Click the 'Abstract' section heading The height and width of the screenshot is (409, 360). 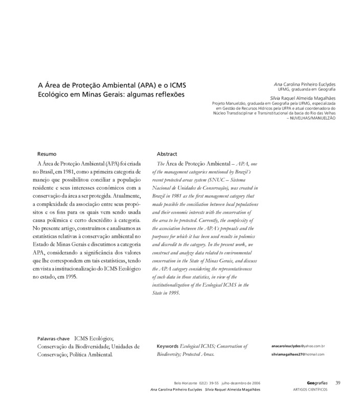point(167,154)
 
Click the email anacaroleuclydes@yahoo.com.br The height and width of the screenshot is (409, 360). point(298,346)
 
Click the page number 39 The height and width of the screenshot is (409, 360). point(338,383)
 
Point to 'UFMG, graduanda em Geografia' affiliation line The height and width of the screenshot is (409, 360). point(309,89)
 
